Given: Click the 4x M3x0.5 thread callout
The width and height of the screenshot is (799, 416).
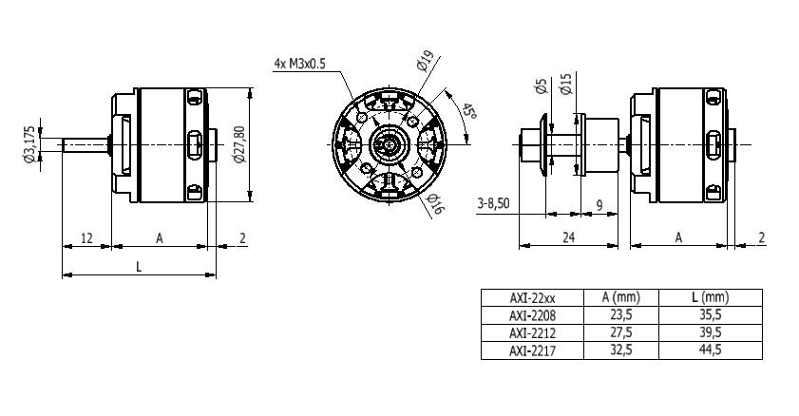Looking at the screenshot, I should point(298,64).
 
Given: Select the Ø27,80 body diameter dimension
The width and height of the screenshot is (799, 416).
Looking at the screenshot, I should point(239,145).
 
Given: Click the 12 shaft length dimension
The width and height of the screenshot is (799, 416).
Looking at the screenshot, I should point(86,237).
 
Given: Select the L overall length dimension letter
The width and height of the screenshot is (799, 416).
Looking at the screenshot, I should point(139,267).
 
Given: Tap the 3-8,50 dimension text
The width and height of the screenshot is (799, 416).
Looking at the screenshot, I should point(494,203).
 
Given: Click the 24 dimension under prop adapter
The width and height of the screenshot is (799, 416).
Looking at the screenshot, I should point(567,237).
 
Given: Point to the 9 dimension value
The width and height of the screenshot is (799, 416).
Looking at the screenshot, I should point(599,203).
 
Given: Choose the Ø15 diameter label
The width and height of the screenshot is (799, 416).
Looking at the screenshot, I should point(565,87).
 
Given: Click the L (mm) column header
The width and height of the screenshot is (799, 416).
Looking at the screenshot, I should point(711,296).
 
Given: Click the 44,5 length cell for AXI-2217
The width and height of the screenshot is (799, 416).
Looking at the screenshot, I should point(711,350).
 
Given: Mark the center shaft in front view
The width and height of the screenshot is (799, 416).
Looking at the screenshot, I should point(390,145).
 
